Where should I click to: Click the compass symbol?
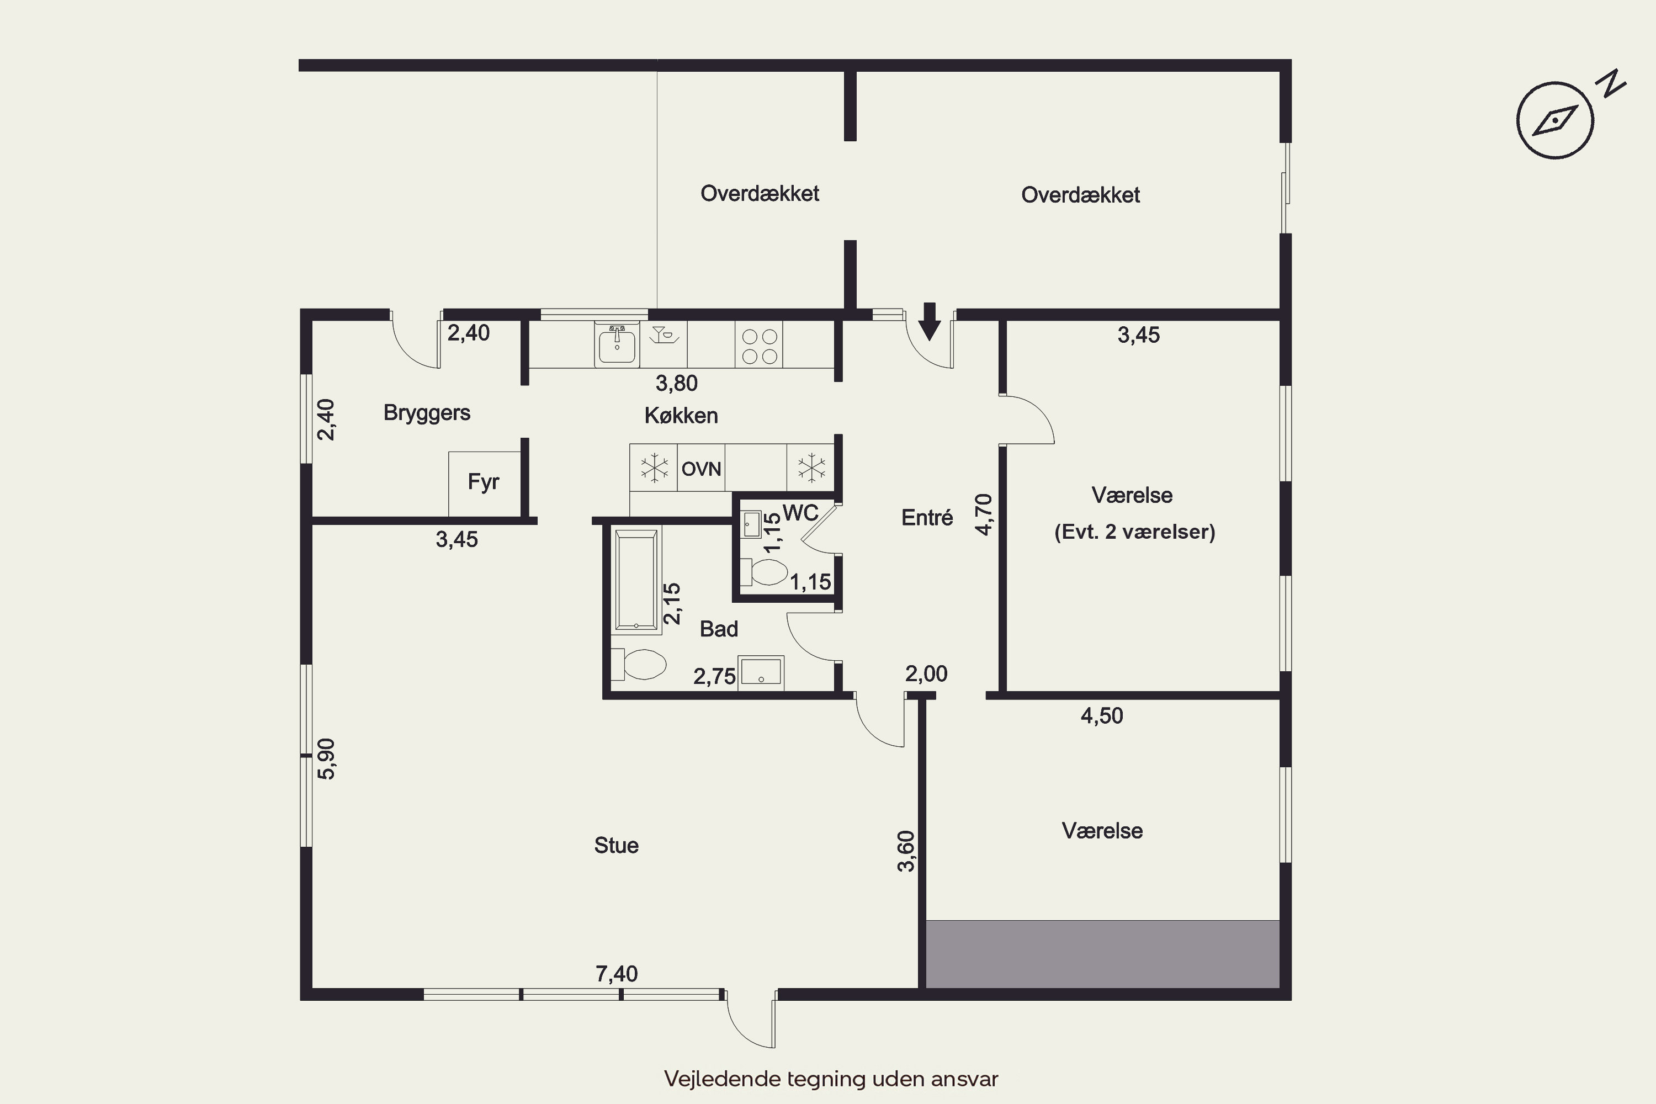click(x=1554, y=120)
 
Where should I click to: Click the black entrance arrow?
click(x=930, y=322)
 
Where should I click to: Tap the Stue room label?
click(x=616, y=845)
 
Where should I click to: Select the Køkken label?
click(x=681, y=416)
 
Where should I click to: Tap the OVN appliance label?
click(x=701, y=469)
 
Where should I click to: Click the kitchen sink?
click(x=617, y=344)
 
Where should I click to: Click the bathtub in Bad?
click(x=636, y=580)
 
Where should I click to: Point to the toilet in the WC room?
click(x=764, y=572)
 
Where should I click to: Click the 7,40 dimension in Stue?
click(x=616, y=974)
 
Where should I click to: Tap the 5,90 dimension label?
click(x=327, y=758)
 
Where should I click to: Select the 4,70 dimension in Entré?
click(x=984, y=514)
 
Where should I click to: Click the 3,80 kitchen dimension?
click(x=677, y=383)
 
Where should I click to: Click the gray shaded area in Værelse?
click(x=1102, y=953)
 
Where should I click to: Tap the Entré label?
click(x=927, y=518)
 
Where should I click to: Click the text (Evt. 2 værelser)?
click(x=1135, y=532)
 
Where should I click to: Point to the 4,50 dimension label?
click(x=1102, y=716)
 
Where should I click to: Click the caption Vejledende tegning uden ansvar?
click(x=831, y=1078)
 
